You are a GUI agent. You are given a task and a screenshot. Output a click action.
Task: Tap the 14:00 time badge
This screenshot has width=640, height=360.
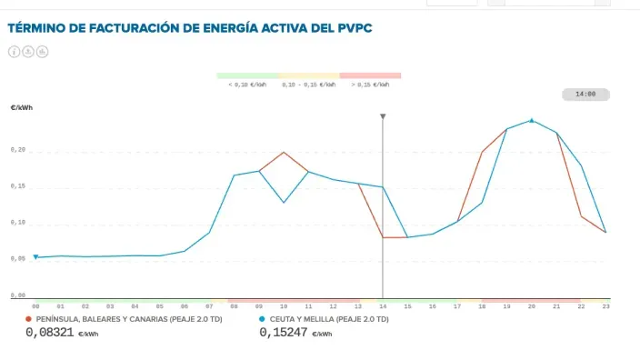[585, 94]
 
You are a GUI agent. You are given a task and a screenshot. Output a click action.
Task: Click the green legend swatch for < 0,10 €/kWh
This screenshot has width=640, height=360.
[247, 75]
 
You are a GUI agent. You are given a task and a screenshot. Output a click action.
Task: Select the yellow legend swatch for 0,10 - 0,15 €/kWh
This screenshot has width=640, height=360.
[308, 75]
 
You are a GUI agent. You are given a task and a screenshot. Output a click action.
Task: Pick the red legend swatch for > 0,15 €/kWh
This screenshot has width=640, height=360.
[369, 75]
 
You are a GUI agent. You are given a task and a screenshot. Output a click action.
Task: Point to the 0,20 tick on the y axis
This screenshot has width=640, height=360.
[18, 151]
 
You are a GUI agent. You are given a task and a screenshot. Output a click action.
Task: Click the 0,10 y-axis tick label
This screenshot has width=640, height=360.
[18, 223]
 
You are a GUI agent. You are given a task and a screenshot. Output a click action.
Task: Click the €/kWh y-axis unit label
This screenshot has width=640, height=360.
[21, 107]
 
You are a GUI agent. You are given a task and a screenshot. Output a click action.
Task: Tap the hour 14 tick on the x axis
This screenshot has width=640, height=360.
[383, 307]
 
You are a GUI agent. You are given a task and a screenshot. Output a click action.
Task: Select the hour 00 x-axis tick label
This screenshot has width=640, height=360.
[35, 307]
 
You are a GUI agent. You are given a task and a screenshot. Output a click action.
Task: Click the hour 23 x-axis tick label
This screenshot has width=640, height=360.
[605, 307]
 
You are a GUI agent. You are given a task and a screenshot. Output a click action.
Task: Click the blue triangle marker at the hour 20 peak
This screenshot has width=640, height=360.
[532, 119]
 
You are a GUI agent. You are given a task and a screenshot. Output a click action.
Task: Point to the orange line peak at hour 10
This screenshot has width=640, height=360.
[284, 152]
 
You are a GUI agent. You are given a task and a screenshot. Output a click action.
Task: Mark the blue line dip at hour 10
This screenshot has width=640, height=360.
[284, 202]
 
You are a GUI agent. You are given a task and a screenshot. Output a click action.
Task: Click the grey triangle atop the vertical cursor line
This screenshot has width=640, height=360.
[383, 116]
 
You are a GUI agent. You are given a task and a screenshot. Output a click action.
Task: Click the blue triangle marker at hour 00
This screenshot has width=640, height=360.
[35, 257]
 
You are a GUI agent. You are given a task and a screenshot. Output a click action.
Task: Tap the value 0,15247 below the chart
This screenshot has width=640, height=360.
[284, 334]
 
